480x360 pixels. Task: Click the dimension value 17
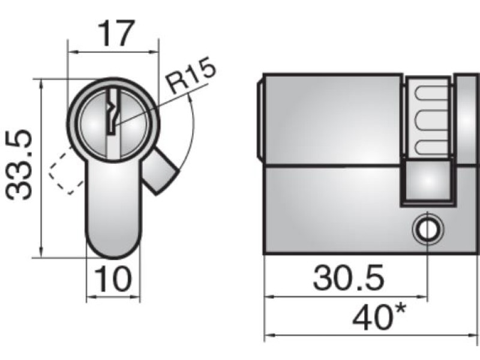pos(116,34)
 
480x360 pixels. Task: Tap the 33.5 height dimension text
pos(19,165)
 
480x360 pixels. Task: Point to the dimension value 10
pos(113,279)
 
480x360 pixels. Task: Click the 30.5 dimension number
pos(348,278)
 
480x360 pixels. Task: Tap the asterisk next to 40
pos(400,310)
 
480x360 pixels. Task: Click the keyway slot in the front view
pos(113,112)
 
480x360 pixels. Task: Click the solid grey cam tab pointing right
pos(159,171)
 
